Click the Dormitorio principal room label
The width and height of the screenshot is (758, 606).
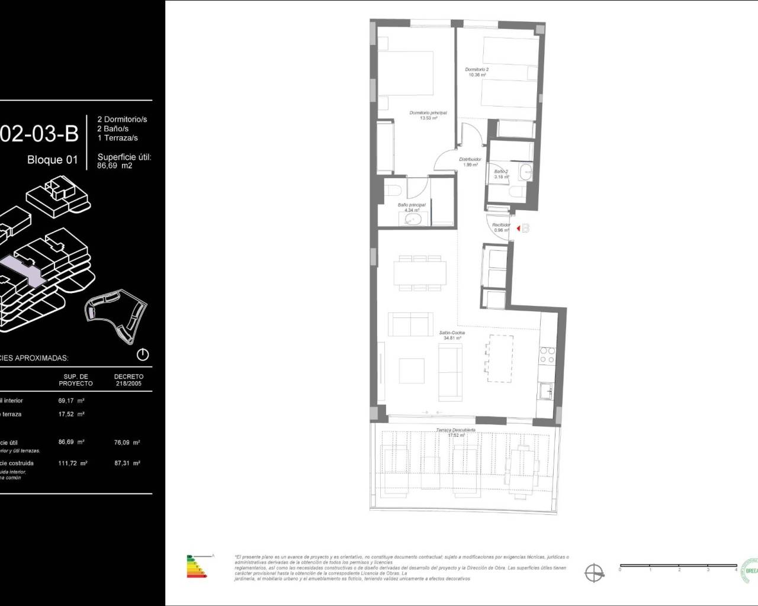(428, 115)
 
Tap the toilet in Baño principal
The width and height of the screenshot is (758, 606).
(395, 189)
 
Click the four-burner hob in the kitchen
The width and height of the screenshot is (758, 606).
(547, 354)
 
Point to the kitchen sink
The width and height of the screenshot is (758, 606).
(547, 391)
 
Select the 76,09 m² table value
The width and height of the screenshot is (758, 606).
(128, 442)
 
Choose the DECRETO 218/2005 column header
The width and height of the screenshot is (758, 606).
(129, 379)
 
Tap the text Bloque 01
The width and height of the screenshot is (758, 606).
(53, 160)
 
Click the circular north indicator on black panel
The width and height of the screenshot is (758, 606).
(143, 355)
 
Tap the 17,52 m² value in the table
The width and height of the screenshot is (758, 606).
(71, 414)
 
